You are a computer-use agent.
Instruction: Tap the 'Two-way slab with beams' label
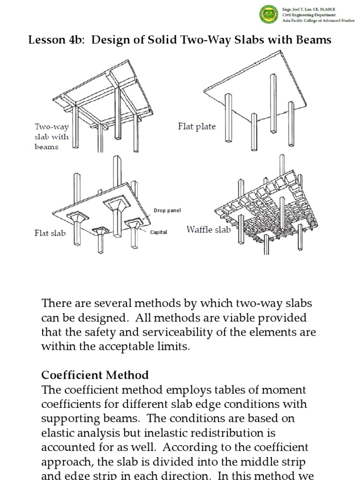point(52,136)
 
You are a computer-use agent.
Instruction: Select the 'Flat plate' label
point(197,127)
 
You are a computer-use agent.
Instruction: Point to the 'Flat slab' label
point(50,233)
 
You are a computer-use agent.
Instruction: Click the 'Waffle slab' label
point(209,229)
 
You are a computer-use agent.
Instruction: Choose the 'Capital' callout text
point(158,232)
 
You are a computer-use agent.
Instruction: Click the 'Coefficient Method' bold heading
point(95,375)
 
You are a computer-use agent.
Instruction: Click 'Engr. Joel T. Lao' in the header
point(297,9)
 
